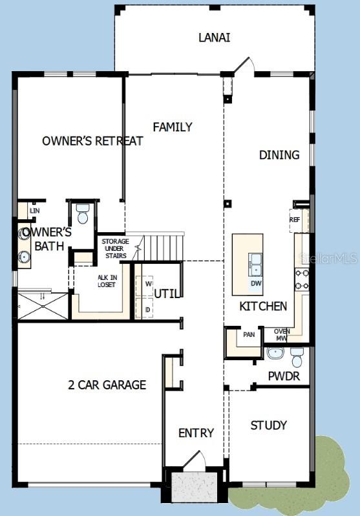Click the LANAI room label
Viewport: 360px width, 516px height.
[214, 38]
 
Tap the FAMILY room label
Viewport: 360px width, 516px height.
[173, 127]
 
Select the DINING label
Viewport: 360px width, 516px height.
[279, 155]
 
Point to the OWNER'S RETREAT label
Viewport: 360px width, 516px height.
[92, 141]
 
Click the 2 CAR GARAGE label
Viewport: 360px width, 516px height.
[107, 385]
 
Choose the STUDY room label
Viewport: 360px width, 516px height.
[269, 425]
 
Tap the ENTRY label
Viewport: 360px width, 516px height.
[196, 433]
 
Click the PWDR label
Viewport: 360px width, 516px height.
[284, 376]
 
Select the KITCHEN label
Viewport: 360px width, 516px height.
[264, 306]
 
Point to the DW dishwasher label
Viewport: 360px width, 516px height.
[256, 283]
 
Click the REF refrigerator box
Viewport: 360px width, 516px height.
[295, 220]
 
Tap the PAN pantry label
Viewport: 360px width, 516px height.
[249, 335]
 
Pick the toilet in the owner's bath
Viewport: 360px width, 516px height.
[82, 213]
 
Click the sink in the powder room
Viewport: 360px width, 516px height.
[275, 354]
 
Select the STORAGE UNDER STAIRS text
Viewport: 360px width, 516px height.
[116, 248]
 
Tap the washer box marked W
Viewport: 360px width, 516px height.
[148, 284]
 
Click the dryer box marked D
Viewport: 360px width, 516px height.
[148, 309]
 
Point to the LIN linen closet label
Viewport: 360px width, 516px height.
[33, 211]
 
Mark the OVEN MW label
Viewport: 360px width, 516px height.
[282, 334]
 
